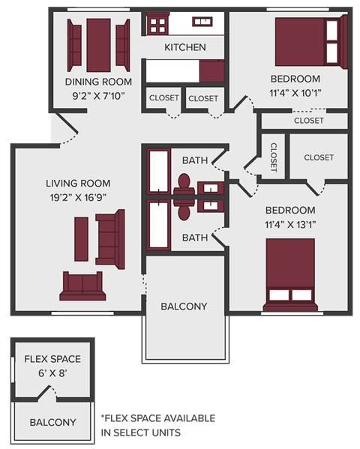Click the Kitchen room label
click(x=185, y=47)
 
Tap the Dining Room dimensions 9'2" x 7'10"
click(x=98, y=95)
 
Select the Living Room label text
click(x=78, y=183)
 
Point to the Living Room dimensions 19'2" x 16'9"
click(x=78, y=198)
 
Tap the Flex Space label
click(x=52, y=359)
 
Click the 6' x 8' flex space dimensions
click(x=52, y=373)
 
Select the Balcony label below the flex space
click(x=52, y=422)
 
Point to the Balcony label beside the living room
click(x=184, y=306)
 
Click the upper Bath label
click(x=195, y=160)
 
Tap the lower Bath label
click(x=195, y=238)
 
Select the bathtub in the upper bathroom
click(x=159, y=172)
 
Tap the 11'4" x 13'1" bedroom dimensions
click(x=289, y=224)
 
